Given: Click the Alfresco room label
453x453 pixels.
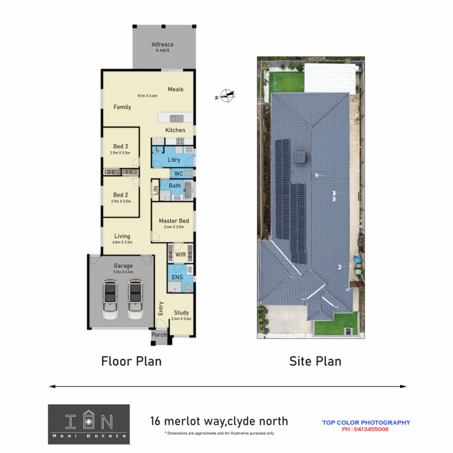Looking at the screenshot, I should [162, 44].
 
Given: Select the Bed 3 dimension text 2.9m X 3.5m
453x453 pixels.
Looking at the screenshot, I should [121, 153].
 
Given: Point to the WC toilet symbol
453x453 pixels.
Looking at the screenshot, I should [188, 173].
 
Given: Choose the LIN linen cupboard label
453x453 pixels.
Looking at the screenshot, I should [155, 190].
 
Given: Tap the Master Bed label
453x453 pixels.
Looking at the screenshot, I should [174, 221].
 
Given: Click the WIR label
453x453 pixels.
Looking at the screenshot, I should [180, 255].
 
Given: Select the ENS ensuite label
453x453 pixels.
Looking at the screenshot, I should [177, 277].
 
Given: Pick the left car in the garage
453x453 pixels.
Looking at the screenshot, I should [110, 297].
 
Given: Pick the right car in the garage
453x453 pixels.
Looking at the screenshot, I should [135, 297].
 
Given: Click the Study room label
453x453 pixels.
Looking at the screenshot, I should [181, 312].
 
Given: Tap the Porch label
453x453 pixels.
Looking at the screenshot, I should [159, 335].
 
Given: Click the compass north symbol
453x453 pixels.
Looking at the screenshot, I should [226, 96].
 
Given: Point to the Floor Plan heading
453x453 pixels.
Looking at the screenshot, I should [131, 361].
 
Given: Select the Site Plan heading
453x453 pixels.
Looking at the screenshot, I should [315, 361].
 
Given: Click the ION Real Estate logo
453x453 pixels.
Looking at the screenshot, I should [89, 424].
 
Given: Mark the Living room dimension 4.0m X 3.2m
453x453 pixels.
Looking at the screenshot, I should [122, 242].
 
